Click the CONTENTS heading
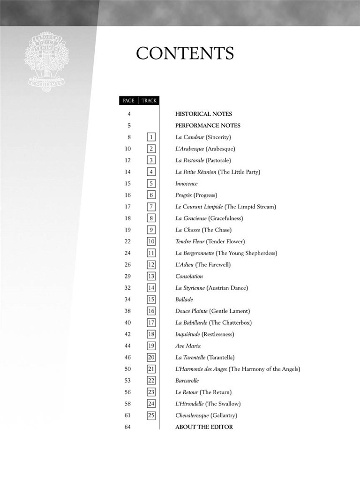point(185,54)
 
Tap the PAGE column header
point(128,100)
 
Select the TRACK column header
point(149,100)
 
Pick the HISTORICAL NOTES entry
point(203,114)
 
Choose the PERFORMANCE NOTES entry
point(208,126)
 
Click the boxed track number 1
point(151,137)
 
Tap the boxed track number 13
point(151,277)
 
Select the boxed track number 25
point(151,415)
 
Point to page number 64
point(128,427)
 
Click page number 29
point(128,277)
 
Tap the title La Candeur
point(189,137)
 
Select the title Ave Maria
point(188,346)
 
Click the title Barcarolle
point(187,381)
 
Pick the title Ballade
point(184,300)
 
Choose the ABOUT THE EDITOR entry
point(204,427)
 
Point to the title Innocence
point(187,184)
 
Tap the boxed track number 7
point(151,207)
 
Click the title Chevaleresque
point(192,415)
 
